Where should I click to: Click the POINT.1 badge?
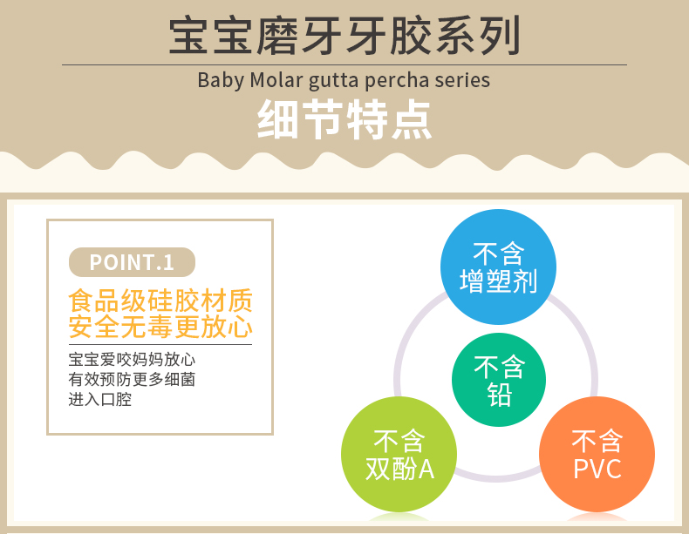click(132, 262)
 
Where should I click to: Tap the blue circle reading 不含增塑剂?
click(498, 267)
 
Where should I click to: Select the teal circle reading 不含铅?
click(499, 380)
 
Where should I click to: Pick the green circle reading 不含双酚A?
click(399, 454)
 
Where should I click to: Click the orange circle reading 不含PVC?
click(597, 454)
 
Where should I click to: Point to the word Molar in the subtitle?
click(276, 80)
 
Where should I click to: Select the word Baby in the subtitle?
click(221, 81)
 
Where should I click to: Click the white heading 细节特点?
click(344, 119)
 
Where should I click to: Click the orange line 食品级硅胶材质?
click(160, 301)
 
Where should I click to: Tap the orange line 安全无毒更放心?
click(160, 327)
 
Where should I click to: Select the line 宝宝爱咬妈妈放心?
click(132, 360)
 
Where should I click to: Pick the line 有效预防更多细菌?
click(132, 379)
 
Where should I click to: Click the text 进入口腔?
click(100, 399)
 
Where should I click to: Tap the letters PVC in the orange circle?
click(597, 469)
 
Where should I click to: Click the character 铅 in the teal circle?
click(499, 395)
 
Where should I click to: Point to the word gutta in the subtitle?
click(334, 81)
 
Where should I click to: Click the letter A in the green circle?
click(426, 470)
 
